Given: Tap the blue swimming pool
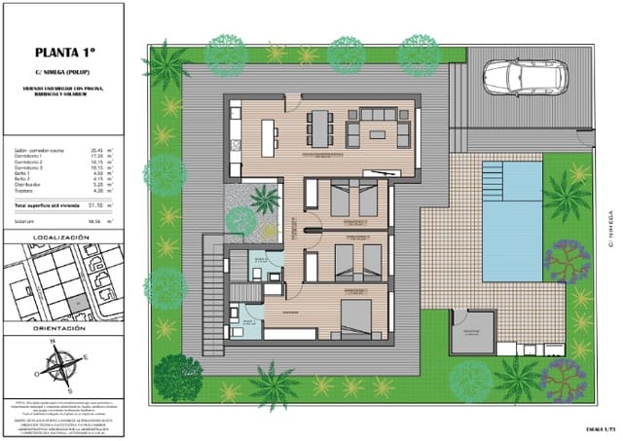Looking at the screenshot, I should click(x=511, y=211).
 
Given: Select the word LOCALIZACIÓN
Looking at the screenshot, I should click(x=61, y=237).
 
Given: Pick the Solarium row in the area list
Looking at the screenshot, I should click(x=58, y=221).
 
